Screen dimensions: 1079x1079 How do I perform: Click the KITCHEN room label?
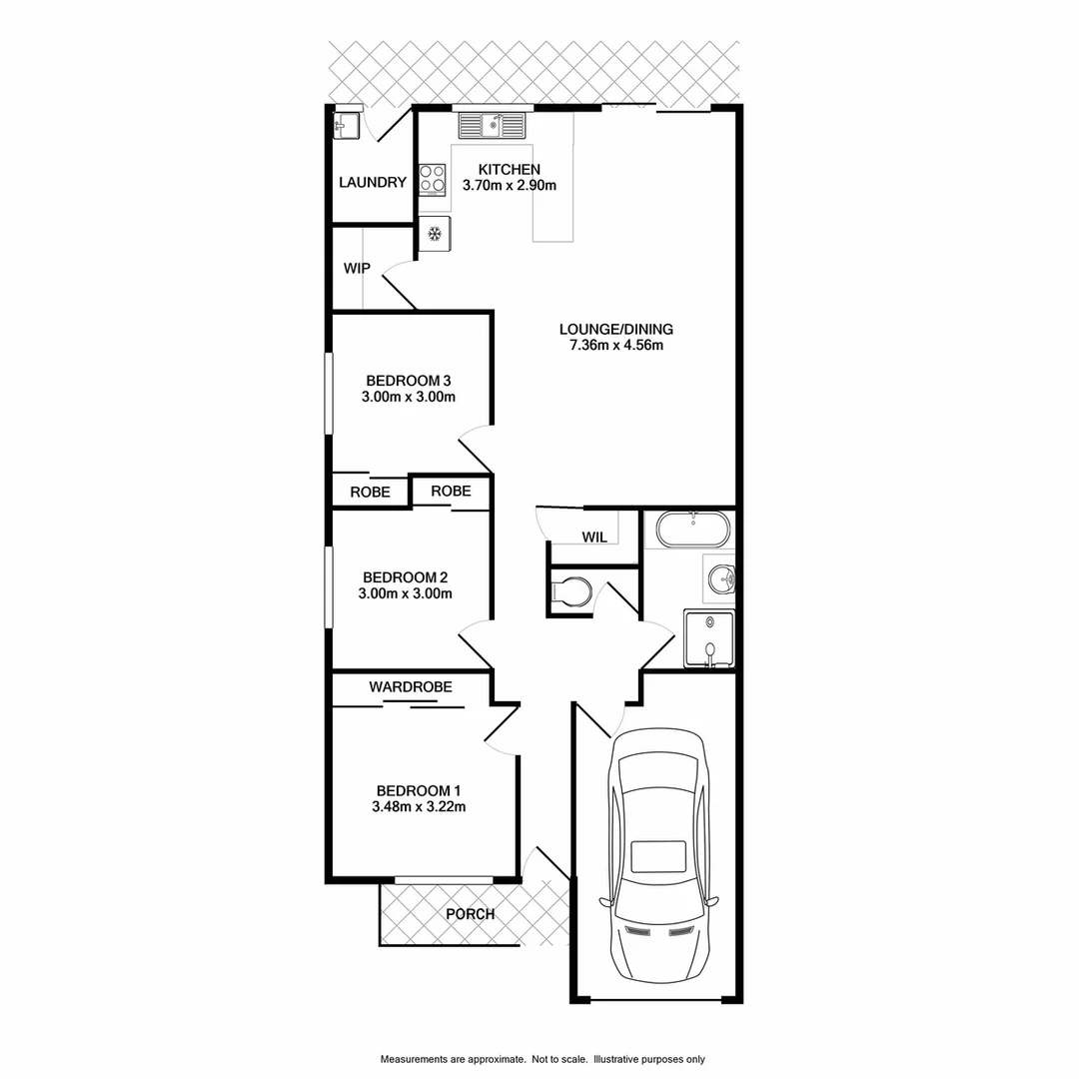[510, 169]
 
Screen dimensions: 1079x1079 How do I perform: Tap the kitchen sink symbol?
[492, 126]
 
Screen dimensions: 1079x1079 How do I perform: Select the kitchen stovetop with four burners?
[432, 180]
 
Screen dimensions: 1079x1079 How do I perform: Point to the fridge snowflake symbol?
[435, 234]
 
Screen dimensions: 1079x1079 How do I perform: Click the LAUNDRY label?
[373, 183]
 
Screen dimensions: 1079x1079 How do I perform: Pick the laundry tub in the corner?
[347, 125]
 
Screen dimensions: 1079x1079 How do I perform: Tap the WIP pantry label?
[357, 269]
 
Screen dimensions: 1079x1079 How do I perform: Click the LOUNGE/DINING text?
[616, 329]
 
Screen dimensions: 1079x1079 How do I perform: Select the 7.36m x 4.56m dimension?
[616, 346]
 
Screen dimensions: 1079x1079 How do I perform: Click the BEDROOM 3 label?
[409, 380]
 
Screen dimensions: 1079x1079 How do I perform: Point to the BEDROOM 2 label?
[405, 576]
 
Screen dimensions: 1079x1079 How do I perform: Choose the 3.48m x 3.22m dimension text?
[419, 806]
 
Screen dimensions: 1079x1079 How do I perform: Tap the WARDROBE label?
[411, 687]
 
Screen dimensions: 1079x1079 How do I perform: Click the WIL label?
[594, 538]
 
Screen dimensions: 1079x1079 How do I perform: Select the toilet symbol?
[570, 592]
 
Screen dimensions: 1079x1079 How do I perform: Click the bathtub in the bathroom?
[692, 529]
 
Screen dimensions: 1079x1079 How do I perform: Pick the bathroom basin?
[720, 578]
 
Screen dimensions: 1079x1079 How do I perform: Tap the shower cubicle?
[708, 639]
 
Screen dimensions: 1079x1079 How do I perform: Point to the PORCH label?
[470, 914]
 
